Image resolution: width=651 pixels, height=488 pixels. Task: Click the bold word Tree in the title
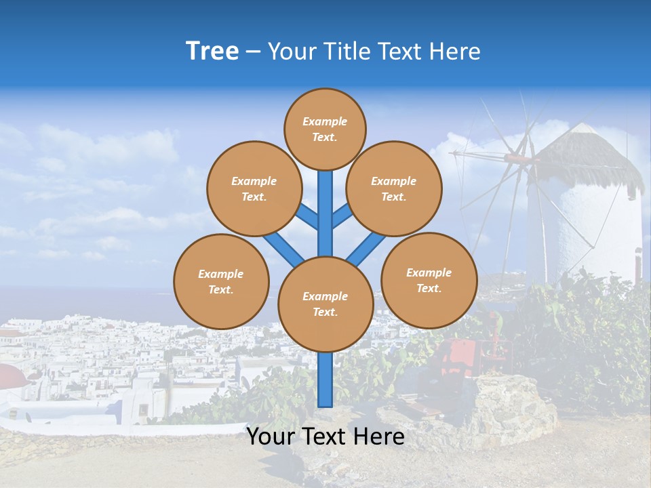(212, 52)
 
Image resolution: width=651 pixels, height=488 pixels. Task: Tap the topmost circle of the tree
(325, 129)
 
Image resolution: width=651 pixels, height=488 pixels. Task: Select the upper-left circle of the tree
(254, 189)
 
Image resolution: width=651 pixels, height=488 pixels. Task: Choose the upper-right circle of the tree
(394, 189)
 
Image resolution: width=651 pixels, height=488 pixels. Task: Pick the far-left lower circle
(221, 281)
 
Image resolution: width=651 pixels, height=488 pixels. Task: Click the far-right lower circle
(429, 281)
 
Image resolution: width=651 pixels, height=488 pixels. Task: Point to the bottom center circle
(325, 304)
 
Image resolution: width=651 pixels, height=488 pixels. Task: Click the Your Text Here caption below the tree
(325, 436)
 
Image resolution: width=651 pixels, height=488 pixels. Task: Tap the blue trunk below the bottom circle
(325, 380)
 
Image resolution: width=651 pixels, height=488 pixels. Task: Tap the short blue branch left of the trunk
(307, 216)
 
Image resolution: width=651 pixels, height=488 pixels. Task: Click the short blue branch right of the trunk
(342, 216)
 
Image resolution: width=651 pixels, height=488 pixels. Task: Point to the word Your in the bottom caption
(269, 436)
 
